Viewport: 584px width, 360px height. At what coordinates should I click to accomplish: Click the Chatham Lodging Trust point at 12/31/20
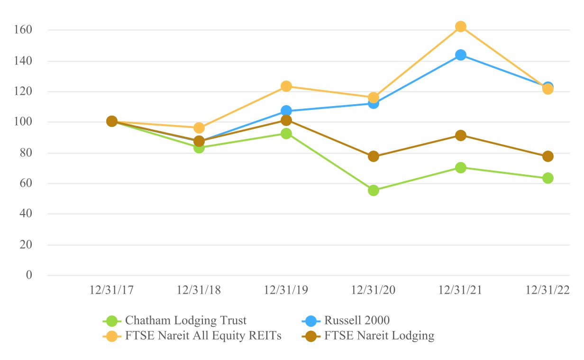(x=374, y=190)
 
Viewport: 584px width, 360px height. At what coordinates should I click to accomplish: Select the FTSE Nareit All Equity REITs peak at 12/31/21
(x=461, y=27)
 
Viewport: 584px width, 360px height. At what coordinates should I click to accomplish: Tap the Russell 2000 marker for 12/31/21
(x=461, y=55)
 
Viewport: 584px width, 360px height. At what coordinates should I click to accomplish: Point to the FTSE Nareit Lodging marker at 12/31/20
(x=374, y=156)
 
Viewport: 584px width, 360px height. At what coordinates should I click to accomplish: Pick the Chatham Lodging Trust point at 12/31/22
(x=548, y=178)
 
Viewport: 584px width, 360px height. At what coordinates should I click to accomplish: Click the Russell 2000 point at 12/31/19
(x=286, y=111)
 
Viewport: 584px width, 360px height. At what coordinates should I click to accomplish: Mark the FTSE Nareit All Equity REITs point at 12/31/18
(x=199, y=128)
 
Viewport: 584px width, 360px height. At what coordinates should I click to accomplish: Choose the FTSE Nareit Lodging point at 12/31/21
(x=461, y=135)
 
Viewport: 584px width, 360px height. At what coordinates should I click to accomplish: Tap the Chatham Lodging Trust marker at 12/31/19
(x=286, y=134)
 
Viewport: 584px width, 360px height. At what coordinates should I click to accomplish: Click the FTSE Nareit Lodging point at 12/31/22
(x=548, y=156)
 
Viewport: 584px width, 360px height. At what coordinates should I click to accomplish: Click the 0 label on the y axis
(x=29, y=275)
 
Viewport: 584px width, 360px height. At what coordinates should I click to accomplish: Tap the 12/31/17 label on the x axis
(x=111, y=290)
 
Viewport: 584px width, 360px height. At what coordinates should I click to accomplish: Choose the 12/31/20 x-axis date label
(x=373, y=290)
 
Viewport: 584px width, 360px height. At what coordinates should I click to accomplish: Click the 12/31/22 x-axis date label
(x=547, y=290)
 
